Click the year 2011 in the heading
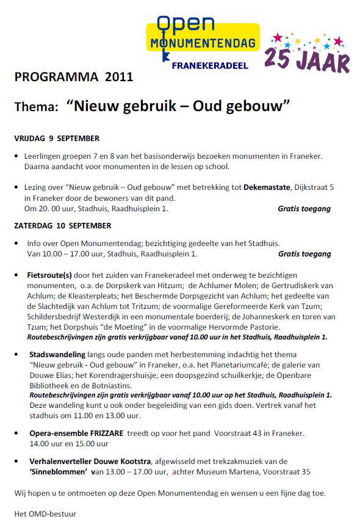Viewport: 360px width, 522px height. tap(118, 78)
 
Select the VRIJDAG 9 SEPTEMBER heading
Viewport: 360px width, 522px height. tap(57, 139)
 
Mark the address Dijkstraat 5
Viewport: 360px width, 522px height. tap(322, 188)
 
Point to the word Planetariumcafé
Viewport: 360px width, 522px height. tap(239, 364)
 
